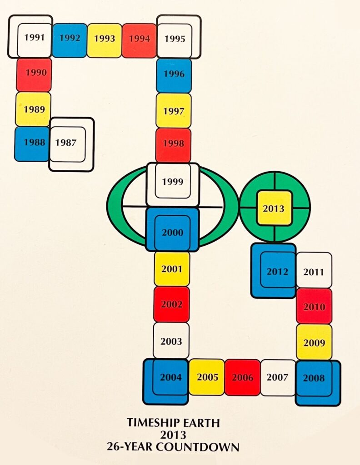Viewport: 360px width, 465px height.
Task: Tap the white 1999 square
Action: click(172, 182)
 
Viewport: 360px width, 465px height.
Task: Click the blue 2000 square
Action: click(172, 232)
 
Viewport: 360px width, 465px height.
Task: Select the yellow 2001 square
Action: click(172, 269)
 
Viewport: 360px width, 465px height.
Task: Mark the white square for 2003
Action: click(171, 341)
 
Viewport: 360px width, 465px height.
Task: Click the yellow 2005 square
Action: click(207, 377)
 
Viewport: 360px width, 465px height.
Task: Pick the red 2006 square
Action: click(242, 377)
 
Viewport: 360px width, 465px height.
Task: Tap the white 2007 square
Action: click(278, 377)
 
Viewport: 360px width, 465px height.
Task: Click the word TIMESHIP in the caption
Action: click(153, 423)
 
